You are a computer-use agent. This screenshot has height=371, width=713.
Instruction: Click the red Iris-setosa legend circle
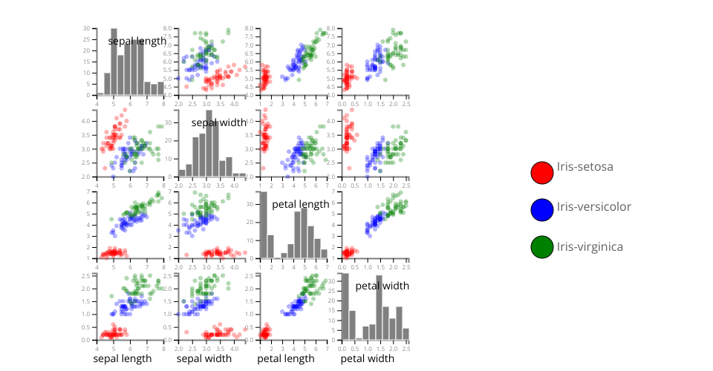542,172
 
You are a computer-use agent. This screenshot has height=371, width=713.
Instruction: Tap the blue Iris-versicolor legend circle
542,210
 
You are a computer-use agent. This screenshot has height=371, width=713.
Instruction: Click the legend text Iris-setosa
585,167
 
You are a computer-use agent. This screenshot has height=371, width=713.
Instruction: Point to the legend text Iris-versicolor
593,206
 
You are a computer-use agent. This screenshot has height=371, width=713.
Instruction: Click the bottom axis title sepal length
122,359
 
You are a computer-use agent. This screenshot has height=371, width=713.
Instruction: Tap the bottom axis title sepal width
204,359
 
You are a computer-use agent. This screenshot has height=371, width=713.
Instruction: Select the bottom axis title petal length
286,359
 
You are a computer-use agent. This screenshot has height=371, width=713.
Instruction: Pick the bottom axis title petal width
368,359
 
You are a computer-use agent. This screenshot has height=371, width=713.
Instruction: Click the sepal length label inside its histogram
137,42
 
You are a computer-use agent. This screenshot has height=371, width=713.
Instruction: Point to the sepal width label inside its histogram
218,122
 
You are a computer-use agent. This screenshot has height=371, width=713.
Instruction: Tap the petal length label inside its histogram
300,203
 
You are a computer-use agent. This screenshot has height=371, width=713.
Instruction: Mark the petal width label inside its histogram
382,286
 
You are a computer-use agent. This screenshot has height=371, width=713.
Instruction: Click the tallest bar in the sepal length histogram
114,63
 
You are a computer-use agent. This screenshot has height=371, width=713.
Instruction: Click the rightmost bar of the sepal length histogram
160,88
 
